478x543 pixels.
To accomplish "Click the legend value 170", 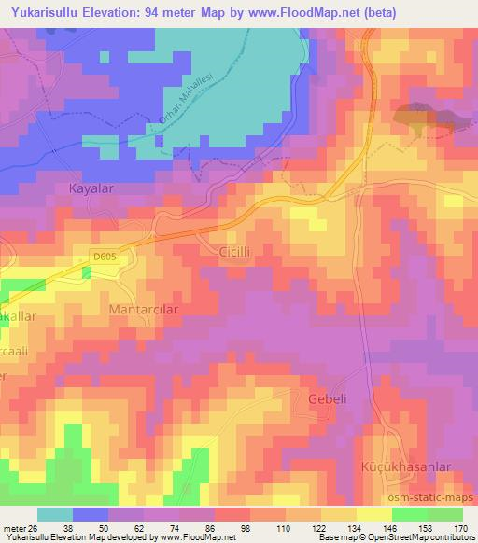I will point(462,527).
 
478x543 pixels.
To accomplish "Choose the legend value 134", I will point(356,527).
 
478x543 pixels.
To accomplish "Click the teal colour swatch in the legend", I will point(55,514).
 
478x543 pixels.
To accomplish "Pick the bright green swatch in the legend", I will point(409,514).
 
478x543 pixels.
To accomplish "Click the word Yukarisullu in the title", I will point(42,13).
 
